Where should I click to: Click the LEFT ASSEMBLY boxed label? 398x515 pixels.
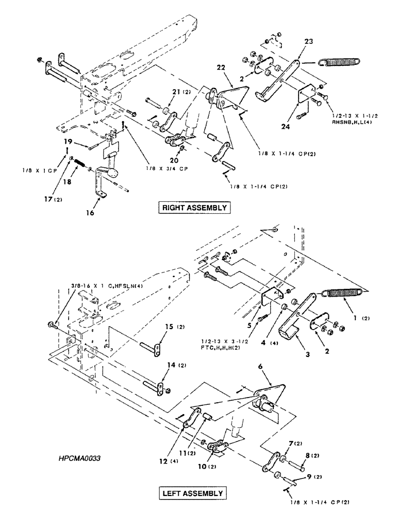(193, 493)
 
